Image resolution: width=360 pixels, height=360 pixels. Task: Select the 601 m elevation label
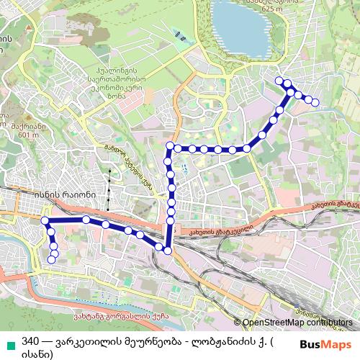coord(24,133)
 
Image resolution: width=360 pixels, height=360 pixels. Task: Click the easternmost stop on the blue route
coord(315,102)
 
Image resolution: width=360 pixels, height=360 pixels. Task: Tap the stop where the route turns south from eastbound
coord(171,147)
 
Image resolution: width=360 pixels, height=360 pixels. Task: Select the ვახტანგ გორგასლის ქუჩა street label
coord(125,315)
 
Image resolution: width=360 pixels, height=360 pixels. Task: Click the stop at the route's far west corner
coord(45,220)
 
